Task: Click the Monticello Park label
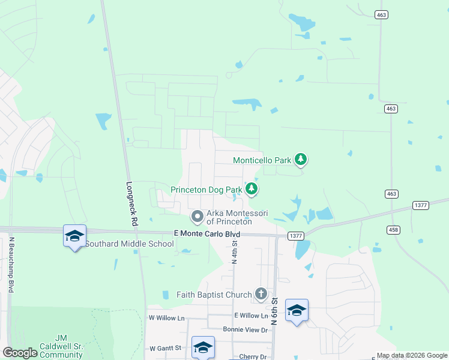click(x=261, y=160)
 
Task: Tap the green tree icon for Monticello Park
click(x=301, y=160)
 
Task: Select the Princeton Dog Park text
click(x=206, y=190)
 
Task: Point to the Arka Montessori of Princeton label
click(x=237, y=217)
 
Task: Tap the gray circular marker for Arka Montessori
click(x=196, y=216)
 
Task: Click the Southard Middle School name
click(x=129, y=244)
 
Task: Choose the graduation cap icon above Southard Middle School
click(x=74, y=236)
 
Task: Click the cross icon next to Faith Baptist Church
click(x=261, y=294)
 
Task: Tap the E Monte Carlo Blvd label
click(x=206, y=233)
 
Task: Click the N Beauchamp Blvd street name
click(x=11, y=265)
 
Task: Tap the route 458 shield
click(x=409, y=229)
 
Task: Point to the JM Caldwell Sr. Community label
click(x=60, y=346)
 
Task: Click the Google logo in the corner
click(x=20, y=353)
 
